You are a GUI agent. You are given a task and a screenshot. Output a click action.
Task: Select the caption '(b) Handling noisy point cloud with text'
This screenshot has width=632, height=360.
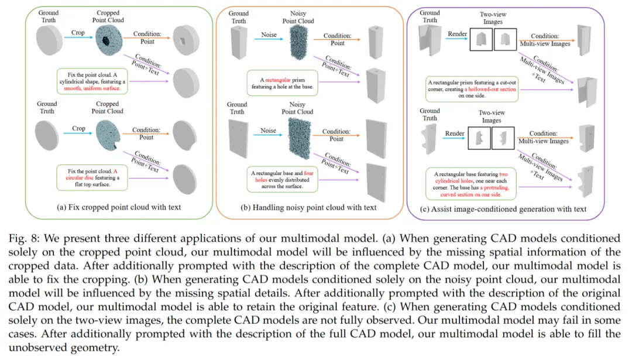coord(310,207)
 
